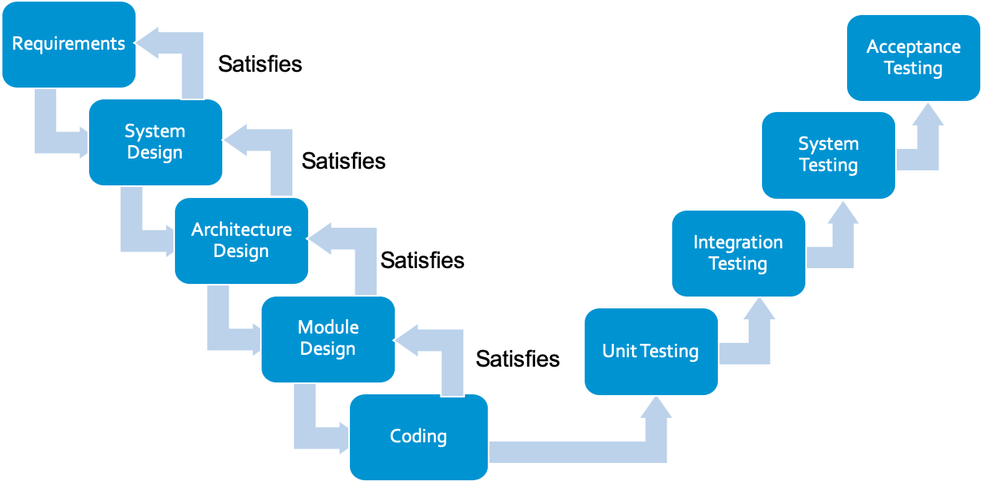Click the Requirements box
[69, 44]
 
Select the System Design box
[155, 143]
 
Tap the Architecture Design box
[241, 240]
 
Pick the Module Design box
[328, 339]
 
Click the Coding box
[418, 437]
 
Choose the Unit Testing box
[651, 352]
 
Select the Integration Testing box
[738, 253]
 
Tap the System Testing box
[828, 155]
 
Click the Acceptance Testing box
[913, 58]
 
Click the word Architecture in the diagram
[241, 229]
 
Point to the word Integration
[738, 242]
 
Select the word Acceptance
[913, 47]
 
